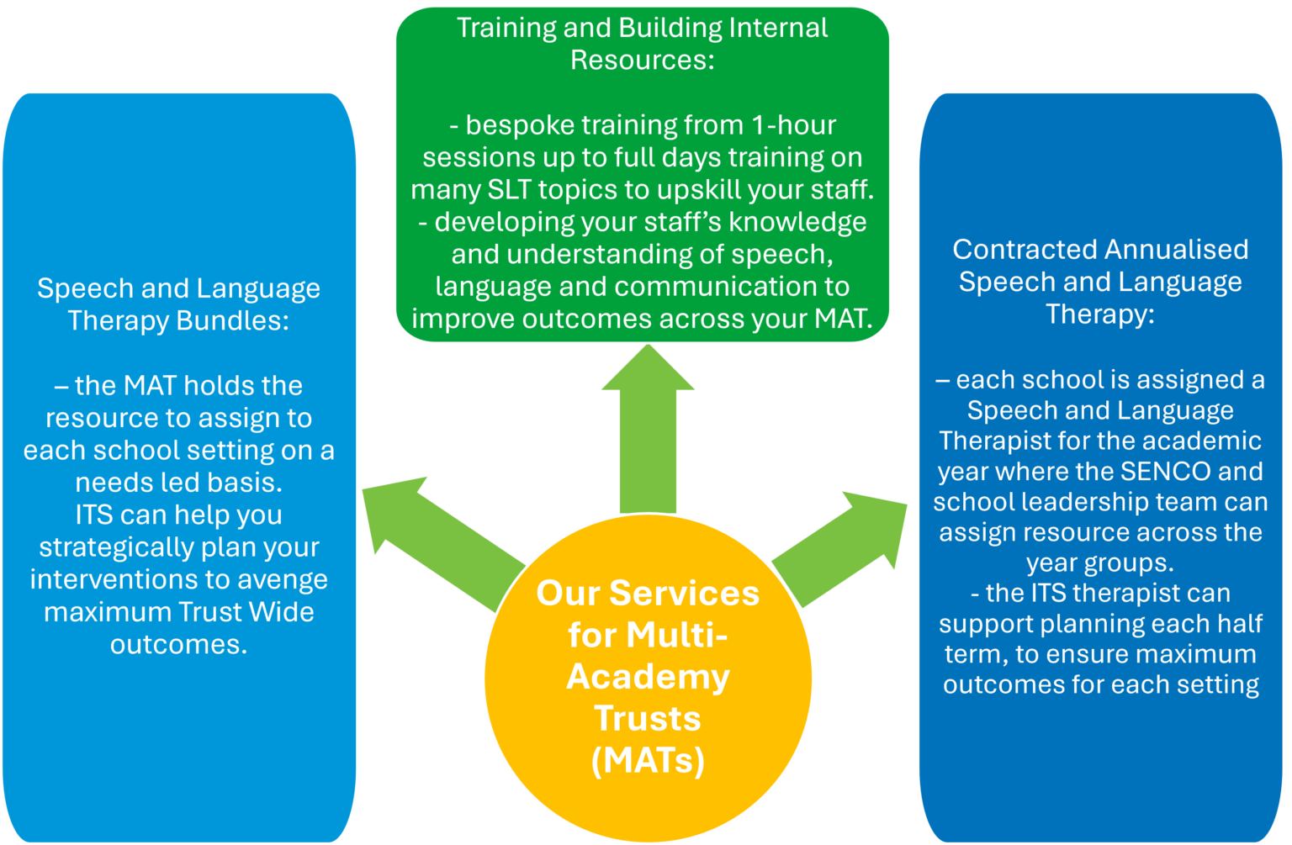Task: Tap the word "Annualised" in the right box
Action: coord(1176,250)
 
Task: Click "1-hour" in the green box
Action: coord(791,125)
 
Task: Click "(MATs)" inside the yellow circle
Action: coord(648,760)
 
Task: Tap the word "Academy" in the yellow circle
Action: coord(648,677)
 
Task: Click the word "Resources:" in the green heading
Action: coord(642,61)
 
